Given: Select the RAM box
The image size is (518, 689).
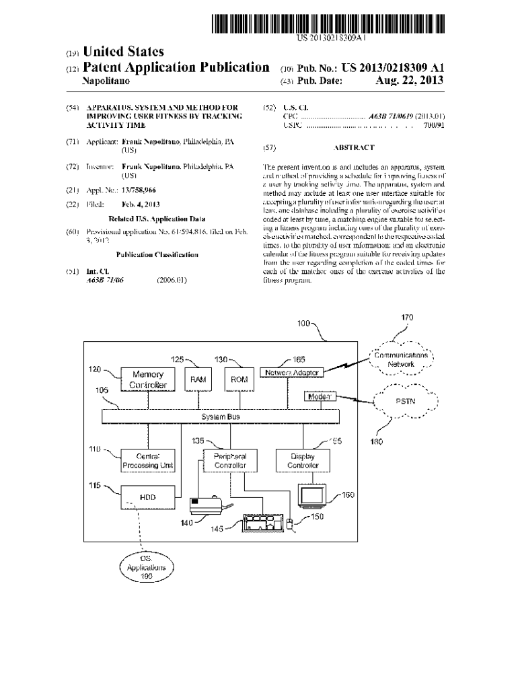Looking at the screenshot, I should (198, 379).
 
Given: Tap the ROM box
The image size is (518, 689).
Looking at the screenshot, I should (239, 379).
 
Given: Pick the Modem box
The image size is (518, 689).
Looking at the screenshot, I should (320, 397).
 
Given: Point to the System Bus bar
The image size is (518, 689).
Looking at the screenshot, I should (221, 417).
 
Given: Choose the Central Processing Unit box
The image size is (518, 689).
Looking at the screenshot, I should (148, 461).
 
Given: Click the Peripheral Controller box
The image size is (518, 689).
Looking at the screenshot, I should (230, 461).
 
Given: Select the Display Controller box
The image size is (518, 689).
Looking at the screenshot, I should (298, 461).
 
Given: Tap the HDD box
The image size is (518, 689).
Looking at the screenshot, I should (148, 497).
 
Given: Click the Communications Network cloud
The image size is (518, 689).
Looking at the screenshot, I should (401, 359).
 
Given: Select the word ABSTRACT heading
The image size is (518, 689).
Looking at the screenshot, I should (353, 147).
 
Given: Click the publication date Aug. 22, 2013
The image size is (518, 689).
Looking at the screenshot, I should (409, 82).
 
